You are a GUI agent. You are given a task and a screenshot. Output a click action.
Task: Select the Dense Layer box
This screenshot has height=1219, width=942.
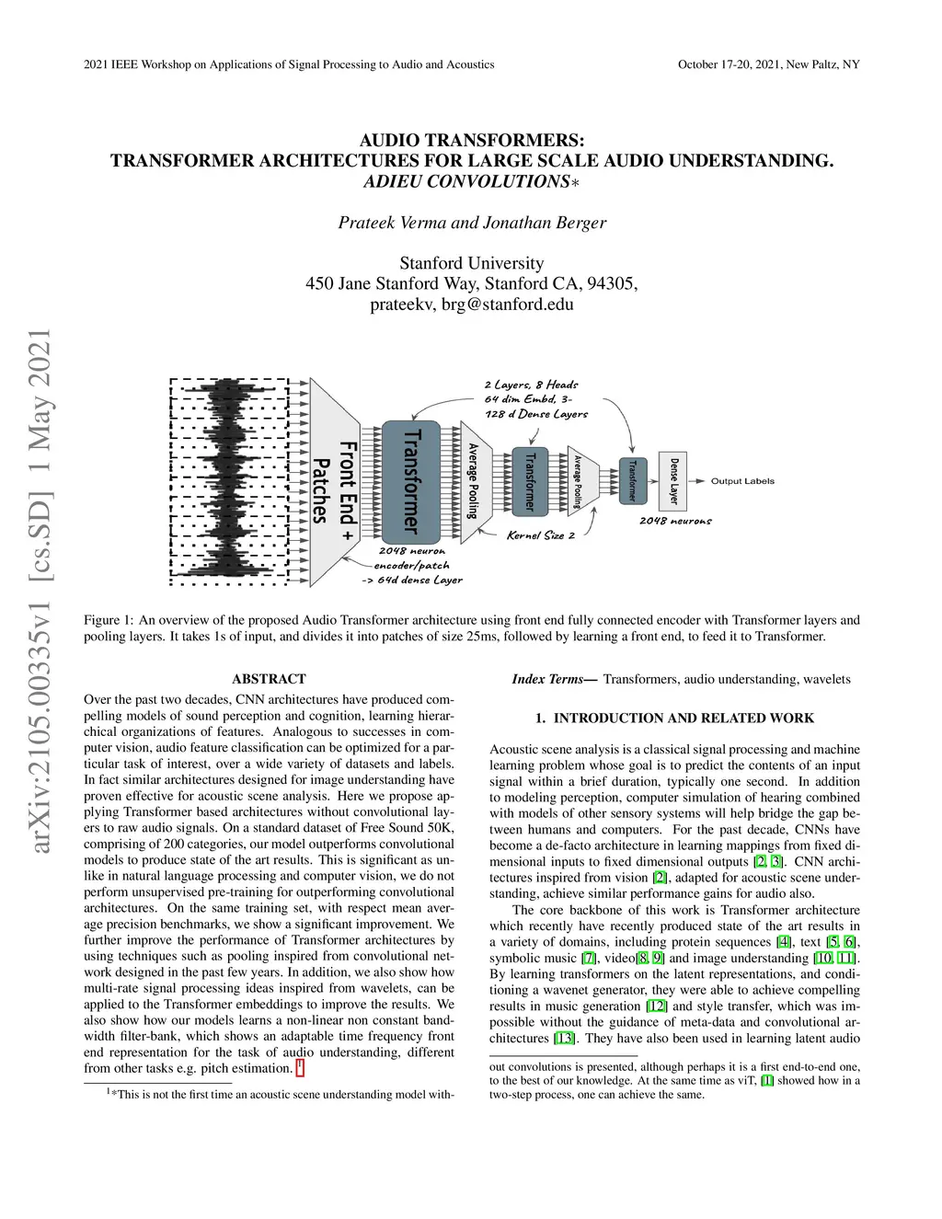[674, 480]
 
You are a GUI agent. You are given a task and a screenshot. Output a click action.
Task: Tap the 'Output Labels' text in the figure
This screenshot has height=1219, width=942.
[742, 481]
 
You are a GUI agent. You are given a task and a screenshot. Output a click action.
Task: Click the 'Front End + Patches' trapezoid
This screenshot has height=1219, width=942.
[335, 482]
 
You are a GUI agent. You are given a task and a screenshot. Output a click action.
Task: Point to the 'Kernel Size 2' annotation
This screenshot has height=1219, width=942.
[540, 535]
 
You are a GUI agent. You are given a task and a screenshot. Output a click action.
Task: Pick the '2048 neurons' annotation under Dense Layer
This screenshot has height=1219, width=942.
[675, 521]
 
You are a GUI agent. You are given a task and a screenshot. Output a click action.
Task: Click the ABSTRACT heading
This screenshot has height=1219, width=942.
[269, 679]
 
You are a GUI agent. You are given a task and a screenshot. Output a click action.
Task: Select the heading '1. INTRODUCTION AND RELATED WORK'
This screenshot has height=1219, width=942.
[674, 718]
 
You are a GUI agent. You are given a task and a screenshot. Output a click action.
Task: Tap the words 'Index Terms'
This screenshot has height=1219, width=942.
[549, 679]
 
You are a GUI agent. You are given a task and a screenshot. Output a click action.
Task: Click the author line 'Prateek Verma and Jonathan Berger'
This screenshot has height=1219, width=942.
[472, 223]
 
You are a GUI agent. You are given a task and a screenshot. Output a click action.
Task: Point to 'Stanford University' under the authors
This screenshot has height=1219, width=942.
[472, 263]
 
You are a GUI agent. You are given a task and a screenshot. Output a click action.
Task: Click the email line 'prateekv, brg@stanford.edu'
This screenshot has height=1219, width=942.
[472, 304]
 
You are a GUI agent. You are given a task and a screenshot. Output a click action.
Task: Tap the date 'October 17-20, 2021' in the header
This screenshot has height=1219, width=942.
[729, 64]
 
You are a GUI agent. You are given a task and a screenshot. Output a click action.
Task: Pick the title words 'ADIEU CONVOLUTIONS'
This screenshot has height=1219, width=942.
[467, 181]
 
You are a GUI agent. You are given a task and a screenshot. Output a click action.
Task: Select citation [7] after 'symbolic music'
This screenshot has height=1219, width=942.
[589, 958]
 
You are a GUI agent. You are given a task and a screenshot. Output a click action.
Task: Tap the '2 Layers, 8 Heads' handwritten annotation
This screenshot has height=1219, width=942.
[531, 385]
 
